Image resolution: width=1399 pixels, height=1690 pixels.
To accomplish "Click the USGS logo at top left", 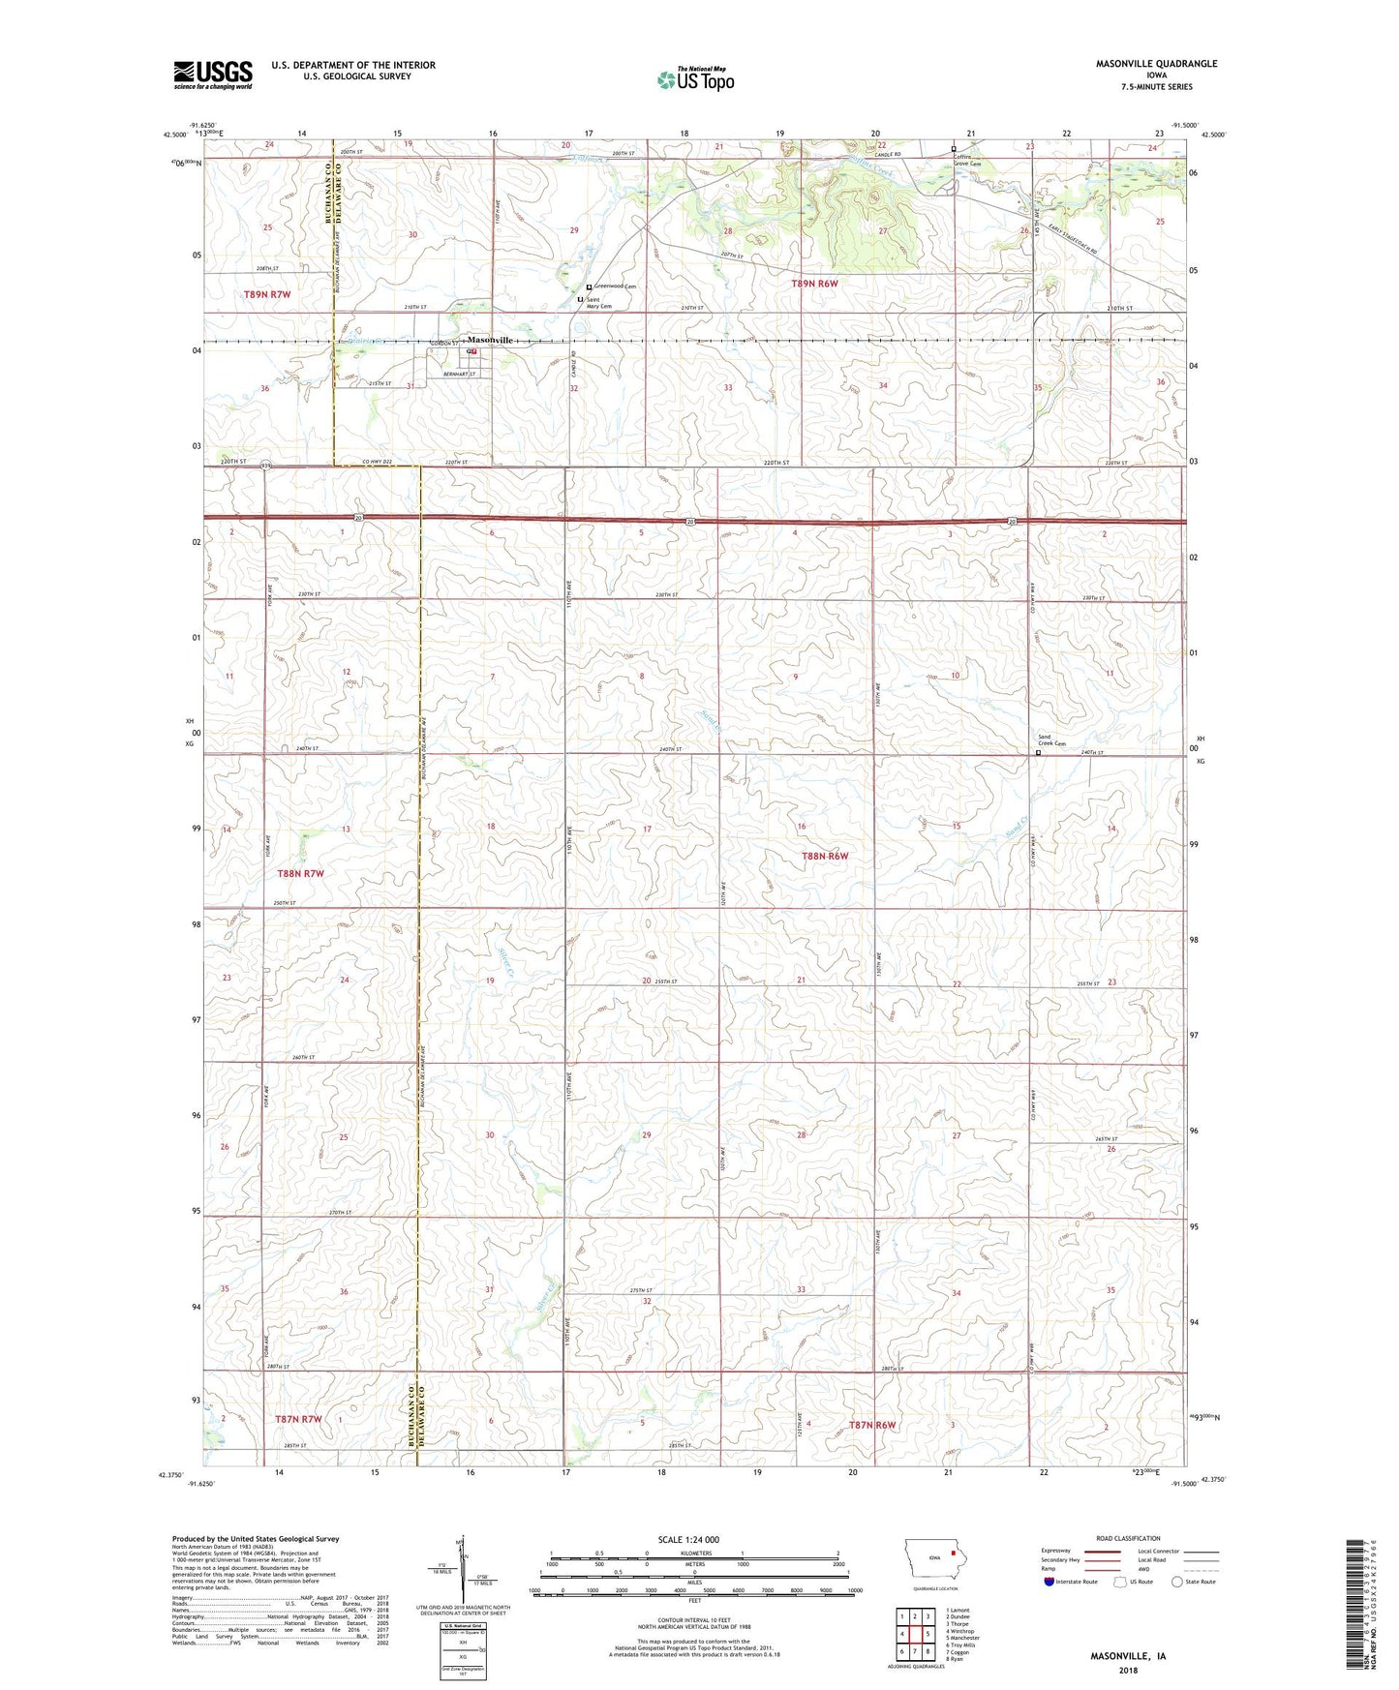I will coord(212,75).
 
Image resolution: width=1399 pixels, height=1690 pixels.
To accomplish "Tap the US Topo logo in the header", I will coord(695,78).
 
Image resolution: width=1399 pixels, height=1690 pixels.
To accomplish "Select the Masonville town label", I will coord(490,341).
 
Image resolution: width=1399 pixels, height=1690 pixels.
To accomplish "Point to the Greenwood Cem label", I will coord(616,287).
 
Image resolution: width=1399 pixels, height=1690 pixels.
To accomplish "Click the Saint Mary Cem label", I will coord(599,303).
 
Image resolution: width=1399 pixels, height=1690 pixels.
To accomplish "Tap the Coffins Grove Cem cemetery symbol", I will coord(954,149).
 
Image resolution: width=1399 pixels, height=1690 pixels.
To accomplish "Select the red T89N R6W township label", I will coord(814,284).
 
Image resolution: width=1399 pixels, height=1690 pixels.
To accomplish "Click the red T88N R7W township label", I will coord(300,873).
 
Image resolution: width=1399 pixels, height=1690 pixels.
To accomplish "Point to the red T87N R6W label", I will coord(872,1425).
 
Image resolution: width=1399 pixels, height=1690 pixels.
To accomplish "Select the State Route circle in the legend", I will coord(1177,1582).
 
